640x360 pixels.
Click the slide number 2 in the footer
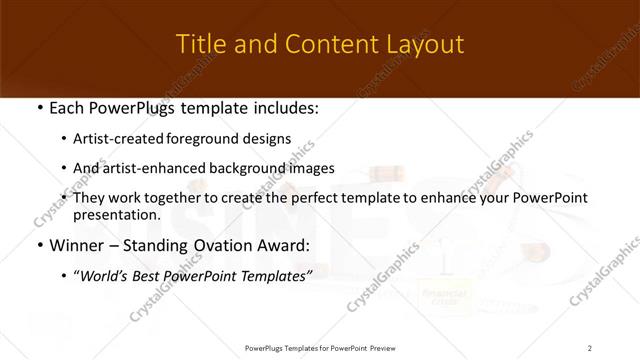coord(590,347)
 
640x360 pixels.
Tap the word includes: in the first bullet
coord(283,107)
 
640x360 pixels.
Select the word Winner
coord(76,245)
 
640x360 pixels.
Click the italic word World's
coord(104,275)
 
